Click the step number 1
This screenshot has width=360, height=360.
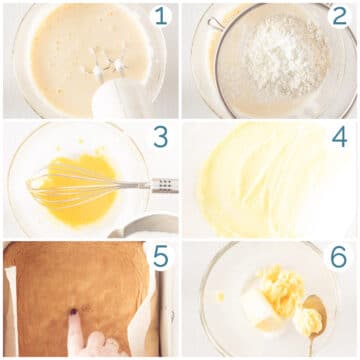pos(161,17)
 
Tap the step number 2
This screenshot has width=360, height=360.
pos(339,17)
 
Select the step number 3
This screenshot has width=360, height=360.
pos(161,138)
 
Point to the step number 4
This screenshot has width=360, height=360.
pos(339,138)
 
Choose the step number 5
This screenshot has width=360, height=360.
pos(161,258)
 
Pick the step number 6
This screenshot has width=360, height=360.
pos(339,258)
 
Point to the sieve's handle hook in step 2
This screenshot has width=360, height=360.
pos(214,23)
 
